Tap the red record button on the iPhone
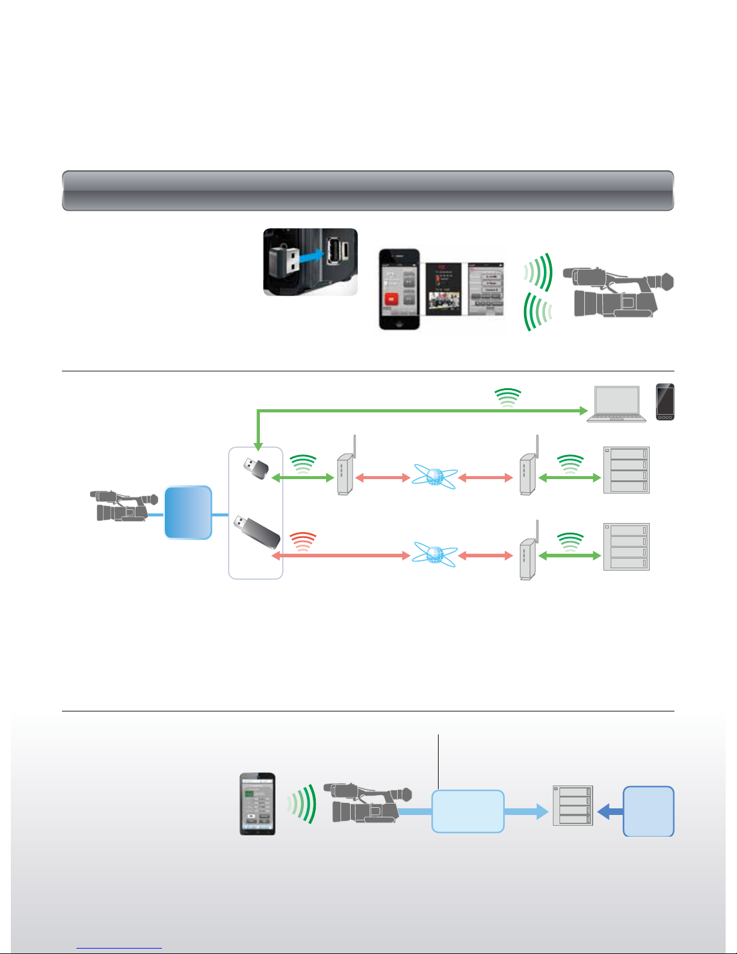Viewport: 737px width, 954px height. (x=391, y=299)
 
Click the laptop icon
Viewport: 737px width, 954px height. (x=616, y=404)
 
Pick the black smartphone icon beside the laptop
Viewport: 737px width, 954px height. (x=665, y=401)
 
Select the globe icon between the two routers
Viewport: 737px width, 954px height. (x=434, y=477)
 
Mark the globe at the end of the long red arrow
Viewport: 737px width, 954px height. (x=434, y=555)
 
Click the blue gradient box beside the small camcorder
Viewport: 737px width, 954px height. (x=188, y=512)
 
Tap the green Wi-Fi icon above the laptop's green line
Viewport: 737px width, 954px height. (x=507, y=398)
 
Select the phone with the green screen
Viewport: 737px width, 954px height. (x=257, y=804)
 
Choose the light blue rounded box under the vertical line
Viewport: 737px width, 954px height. (x=467, y=811)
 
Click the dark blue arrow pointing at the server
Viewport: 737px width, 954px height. (x=609, y=811)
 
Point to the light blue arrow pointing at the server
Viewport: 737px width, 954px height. (x=526, y=811)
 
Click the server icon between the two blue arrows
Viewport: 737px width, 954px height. (x=573, y=805)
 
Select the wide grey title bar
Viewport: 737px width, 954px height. (x=368, y=191)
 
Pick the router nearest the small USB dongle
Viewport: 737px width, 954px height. (x=344, y=472)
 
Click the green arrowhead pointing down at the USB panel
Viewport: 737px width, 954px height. (x=257, y=447)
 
